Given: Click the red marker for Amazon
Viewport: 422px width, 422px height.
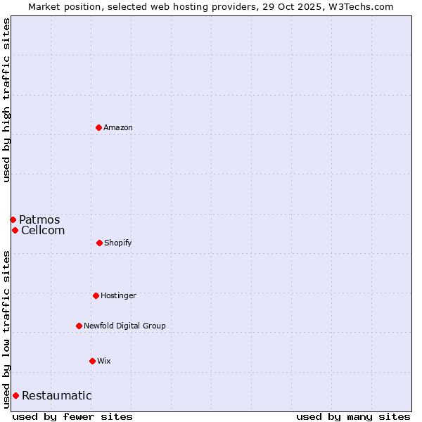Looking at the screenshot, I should [99, 127].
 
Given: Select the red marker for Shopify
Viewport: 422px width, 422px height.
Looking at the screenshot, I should [99, 243].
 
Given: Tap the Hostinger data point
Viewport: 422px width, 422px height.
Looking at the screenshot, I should [96, 295].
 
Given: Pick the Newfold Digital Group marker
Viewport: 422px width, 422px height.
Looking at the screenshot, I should [79, 326].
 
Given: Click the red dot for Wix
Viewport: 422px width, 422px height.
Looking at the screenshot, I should [92, 361].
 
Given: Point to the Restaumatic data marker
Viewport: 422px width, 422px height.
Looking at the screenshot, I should [15, 395].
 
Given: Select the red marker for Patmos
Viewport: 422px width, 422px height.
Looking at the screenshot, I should [13, 219].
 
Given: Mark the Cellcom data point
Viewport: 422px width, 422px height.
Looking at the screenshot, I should [15, 230].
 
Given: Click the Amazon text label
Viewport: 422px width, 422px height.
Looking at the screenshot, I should [118, 127].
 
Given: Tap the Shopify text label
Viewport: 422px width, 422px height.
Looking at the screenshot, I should [118, 243].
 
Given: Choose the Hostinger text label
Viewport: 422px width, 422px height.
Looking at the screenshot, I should [118, 295].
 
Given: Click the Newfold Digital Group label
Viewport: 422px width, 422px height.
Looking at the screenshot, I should [124, 326].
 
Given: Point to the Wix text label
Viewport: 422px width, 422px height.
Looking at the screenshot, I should [104, 361].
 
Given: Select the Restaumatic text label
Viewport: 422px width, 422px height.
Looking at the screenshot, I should [57, 395].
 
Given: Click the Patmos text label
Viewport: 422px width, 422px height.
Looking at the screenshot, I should [39, 219].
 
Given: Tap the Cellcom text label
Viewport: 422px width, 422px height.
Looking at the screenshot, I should [43, 230].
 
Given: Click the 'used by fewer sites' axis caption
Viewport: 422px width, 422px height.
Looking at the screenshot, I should [72, 416].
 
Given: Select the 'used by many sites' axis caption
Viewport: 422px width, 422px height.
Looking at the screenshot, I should [353, 416].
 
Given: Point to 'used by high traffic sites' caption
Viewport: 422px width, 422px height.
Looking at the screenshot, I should [6, 100].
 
